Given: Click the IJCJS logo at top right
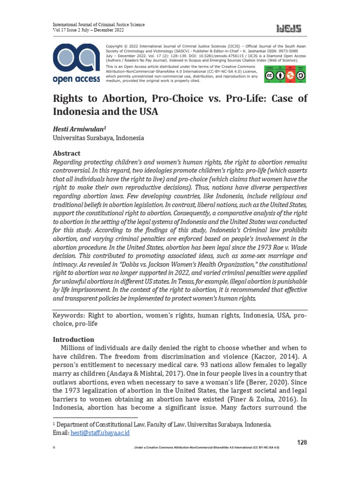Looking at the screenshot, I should click(x=289, y=29).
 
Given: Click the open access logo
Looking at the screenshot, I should click(x=76, y=64).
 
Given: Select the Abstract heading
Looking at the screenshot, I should click(x=66, y=153).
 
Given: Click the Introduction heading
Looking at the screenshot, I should click(x=73, y=339).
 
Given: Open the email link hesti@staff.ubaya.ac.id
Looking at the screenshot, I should click(x=100, y=433).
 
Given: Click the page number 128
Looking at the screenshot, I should click(x=303, y=442).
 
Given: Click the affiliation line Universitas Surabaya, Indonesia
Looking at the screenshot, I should click(x=98, y=138).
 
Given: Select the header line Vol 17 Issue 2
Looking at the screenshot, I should click(x=88, y=30).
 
